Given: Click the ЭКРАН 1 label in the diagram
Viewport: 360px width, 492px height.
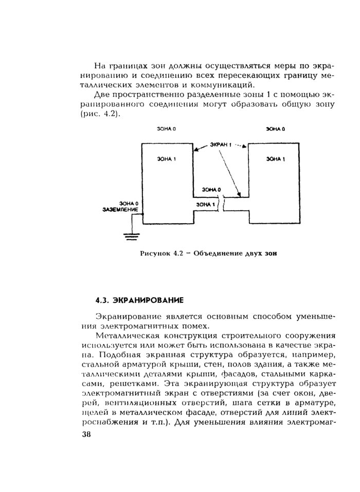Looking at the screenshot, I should pos(221,145).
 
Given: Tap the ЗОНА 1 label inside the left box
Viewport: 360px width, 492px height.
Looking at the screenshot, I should pos(167,159).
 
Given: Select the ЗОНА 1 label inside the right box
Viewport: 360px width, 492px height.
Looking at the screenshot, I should pos(276,159).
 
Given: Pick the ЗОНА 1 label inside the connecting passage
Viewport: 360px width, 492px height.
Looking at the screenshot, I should pos(206,205).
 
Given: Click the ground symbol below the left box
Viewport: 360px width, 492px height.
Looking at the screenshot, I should pos(132,236).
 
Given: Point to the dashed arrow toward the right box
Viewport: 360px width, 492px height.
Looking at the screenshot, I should pos(241,145).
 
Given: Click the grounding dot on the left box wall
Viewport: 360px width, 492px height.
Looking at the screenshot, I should pos(142,214).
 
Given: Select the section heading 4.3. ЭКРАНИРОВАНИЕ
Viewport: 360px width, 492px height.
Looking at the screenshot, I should pos(140,299).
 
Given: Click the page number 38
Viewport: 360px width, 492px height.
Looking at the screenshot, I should pos(85,434).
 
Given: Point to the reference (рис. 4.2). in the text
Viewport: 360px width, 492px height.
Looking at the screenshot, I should pos(100,114).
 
